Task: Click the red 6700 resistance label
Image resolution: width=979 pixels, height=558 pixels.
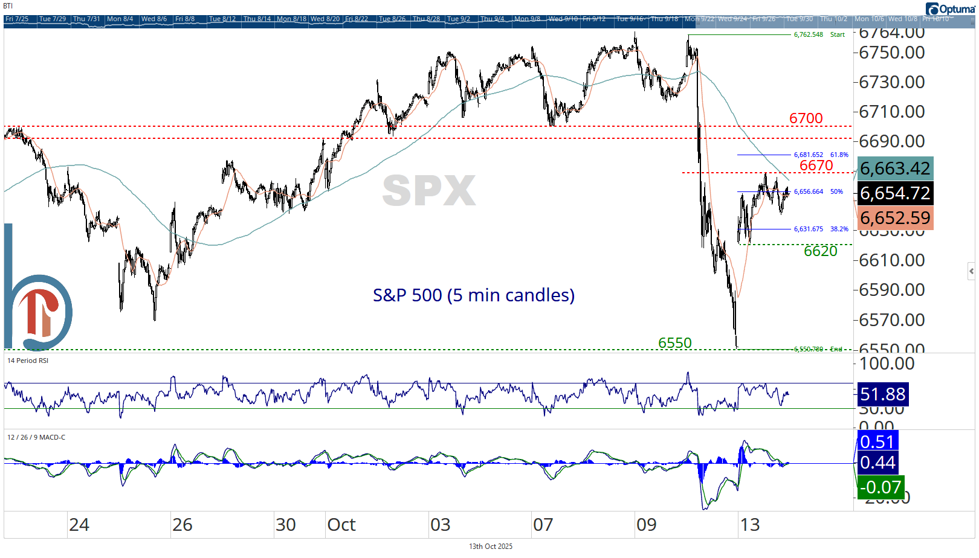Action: click(x=806, y=118)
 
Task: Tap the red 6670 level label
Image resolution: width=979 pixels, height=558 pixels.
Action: click(x=816, y=165)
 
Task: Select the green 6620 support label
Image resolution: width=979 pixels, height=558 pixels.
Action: click(x=820, y=251)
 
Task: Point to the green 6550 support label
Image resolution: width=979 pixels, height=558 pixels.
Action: click(x=674, y=343)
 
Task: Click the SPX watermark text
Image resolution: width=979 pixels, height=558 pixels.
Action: click(x=429, y=191)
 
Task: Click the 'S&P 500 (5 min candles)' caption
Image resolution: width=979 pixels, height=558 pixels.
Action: click(x=473, y=295)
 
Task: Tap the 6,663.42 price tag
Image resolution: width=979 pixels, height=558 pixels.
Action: click(x=894, y=168)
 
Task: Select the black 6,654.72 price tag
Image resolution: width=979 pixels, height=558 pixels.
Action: click(x=894, y=193)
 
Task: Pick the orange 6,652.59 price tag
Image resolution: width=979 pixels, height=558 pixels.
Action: click(x=894, y=218)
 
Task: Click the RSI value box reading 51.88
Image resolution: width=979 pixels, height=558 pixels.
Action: click(x=882, y=394)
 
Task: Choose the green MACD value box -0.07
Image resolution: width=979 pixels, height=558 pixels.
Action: click(x=880, y=487)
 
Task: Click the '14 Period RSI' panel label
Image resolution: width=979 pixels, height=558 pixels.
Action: click(x=28, y=361)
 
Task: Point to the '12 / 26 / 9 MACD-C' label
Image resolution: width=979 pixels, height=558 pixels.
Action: click(x=36, y=437)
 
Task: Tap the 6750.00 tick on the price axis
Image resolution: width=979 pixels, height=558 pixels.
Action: click(x=891, y=53)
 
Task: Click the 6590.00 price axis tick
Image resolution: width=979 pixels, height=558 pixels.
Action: click(x=891, y=290)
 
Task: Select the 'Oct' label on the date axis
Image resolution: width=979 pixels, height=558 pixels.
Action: click(x=341, y=525)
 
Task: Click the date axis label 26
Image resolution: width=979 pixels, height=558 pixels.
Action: click(x=182, y=525)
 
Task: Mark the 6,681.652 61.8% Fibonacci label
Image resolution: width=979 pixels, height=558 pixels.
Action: click(x=821, y=155)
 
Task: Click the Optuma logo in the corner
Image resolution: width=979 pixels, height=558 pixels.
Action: click(x=950, y=8)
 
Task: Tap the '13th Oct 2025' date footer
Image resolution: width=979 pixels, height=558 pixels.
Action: click(x=490, y=547)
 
